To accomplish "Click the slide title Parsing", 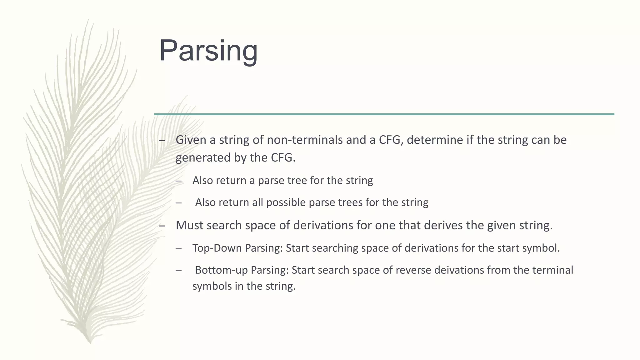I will pyautogui.click(x=208, y=51).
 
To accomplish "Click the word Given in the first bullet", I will pyautogui.click(x=191, y=140).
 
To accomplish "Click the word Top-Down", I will pyautogui.click(x=217, y=248).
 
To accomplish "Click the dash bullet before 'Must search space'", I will pyautogui.click(x=162, y=226).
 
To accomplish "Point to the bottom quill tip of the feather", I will pyautogui.click(x=90, y=342).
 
